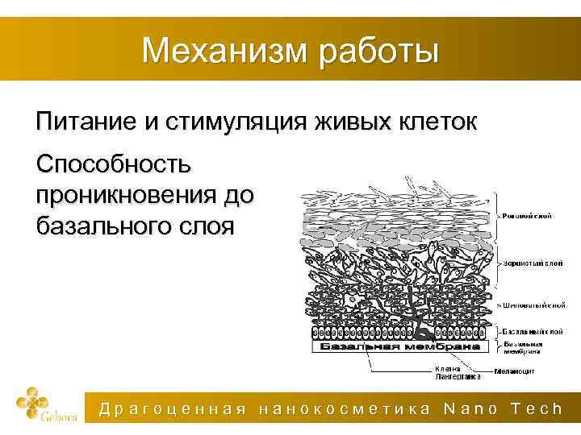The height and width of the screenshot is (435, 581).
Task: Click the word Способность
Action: click(114, 165)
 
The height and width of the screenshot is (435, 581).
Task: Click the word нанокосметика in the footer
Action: click(345, 409)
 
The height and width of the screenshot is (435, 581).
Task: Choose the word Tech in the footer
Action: click(537, 409)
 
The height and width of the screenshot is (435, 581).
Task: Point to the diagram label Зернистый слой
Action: click(529, 263)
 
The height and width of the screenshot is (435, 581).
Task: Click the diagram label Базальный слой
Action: click(533, 330)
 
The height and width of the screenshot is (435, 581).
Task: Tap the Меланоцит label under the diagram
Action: click(516, 371)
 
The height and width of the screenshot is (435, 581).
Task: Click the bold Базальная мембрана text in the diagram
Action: click(395, 346)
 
